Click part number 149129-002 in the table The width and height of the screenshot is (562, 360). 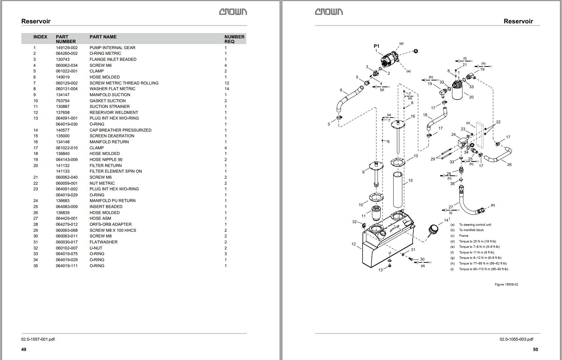pos(66,48)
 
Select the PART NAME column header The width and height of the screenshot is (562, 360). pos(103,37)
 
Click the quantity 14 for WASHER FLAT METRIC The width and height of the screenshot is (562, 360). pos(227,89)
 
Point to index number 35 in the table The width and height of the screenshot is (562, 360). pos(35,266)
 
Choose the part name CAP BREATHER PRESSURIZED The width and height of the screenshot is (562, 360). pos(120,130)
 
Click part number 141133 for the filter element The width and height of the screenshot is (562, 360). pos(62,171)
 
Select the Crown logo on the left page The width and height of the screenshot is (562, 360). pos(233,12)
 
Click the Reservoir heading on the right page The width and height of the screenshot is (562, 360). pos(518,21)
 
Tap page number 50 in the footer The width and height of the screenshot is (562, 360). pos(535,349)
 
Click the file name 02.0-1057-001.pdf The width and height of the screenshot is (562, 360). pos(38,339)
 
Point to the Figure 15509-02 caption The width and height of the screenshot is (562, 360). pos(506,285)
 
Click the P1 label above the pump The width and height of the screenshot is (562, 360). pos(376,46)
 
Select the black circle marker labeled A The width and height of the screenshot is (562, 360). pos(416,51)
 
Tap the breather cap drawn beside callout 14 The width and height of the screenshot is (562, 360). pos(433,229)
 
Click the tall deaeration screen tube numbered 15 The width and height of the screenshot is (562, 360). pos(397,190)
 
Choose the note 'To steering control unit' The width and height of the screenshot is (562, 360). pos(475,225)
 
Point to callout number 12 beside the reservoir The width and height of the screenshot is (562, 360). pos(354,244)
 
